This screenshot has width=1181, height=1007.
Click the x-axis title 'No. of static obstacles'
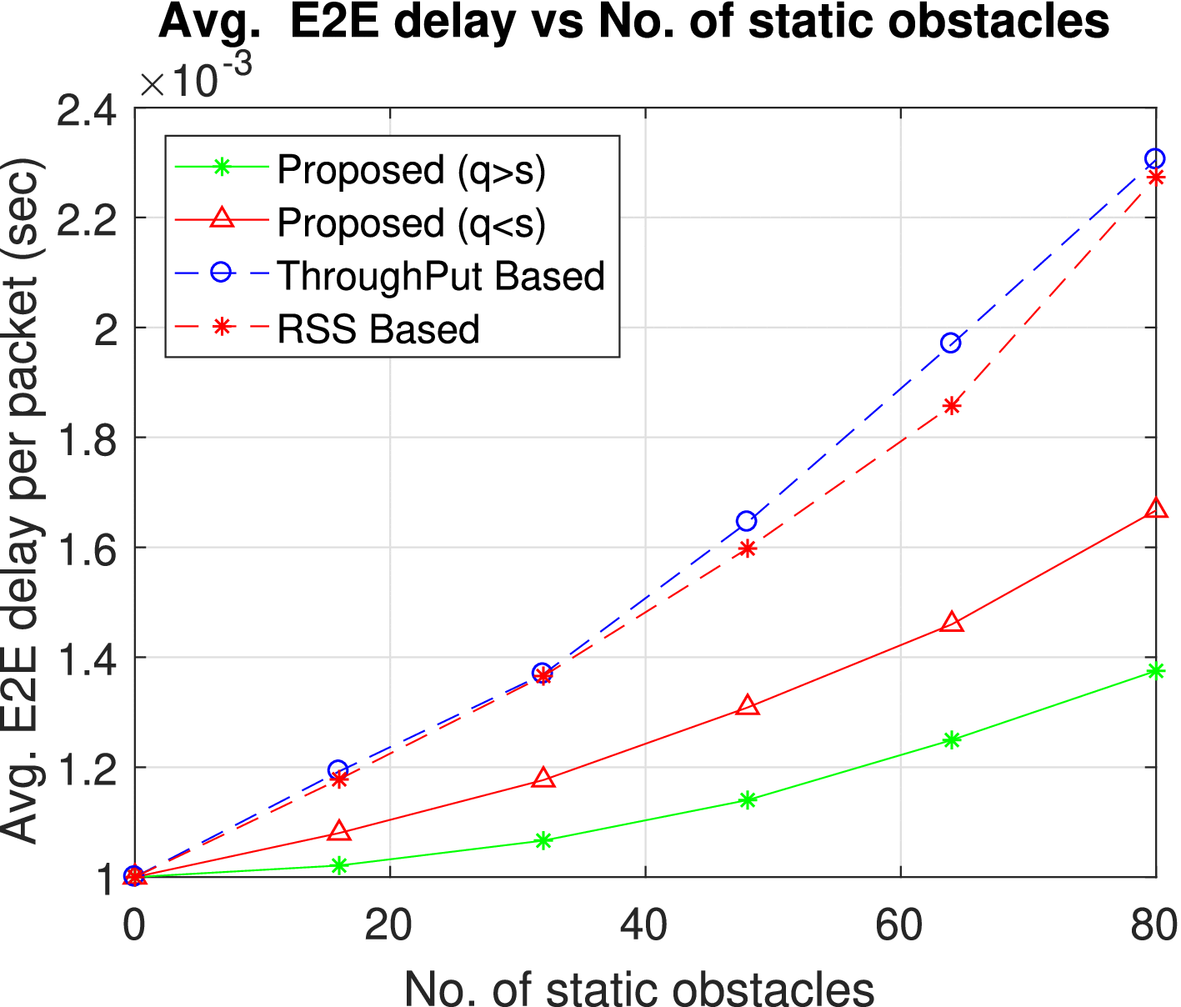pos(638,989)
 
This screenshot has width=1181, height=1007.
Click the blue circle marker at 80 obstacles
pos(1154,158)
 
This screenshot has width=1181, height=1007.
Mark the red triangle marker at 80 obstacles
pos(1156,509)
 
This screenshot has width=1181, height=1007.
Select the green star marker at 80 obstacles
pos(1155,671)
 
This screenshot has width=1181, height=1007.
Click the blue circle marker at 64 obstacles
pos(950,343)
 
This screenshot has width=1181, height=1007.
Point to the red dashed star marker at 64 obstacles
pos(952,406)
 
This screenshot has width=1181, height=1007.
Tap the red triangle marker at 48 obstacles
pos(748,706)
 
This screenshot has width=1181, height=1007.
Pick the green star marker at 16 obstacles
pos(338,865)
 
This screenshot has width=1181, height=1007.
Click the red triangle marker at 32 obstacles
pos(543,779)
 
